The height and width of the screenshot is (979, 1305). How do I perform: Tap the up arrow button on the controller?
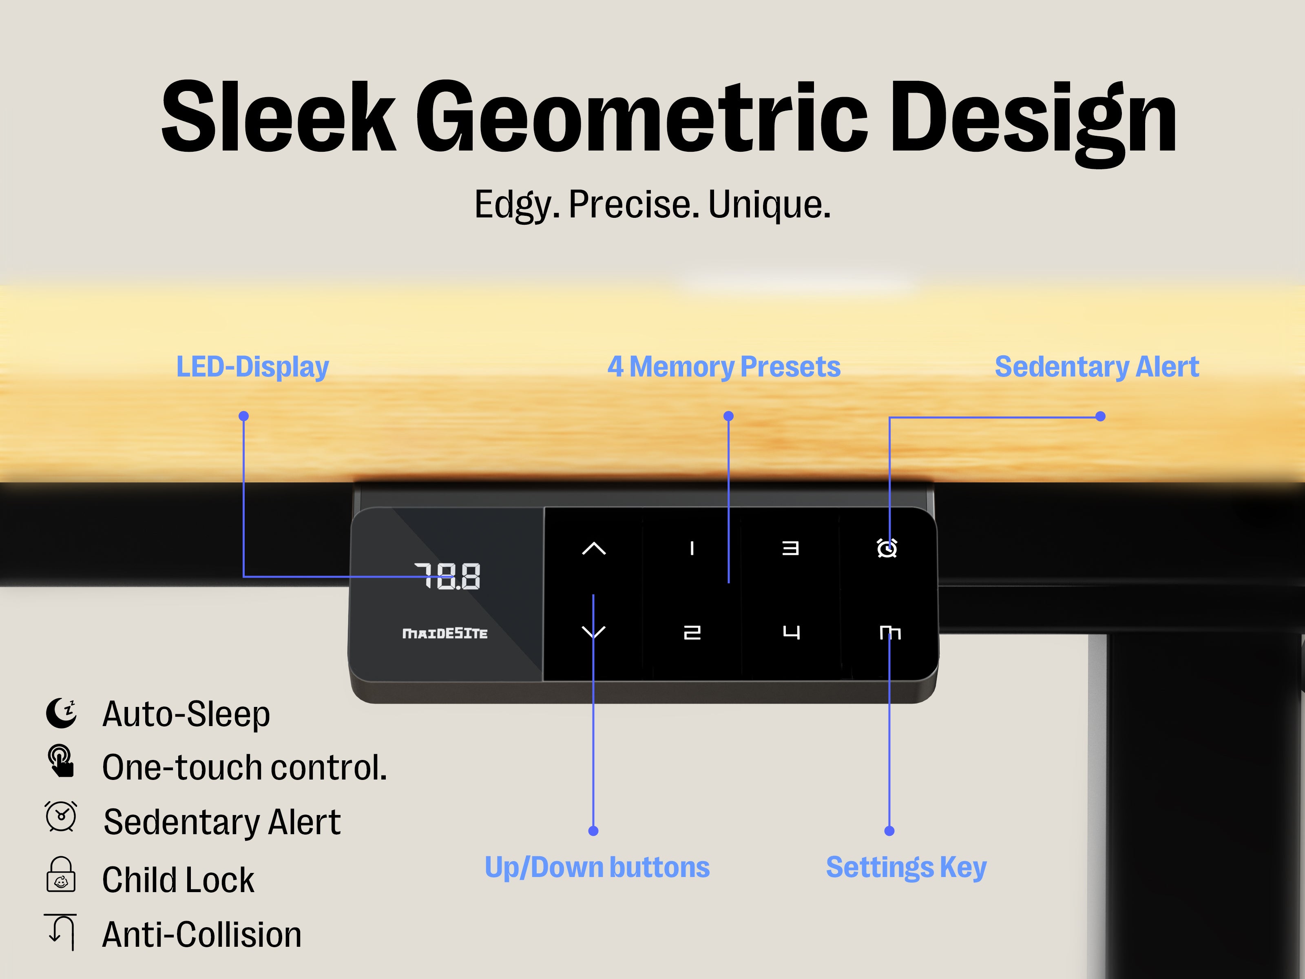pos(593,549)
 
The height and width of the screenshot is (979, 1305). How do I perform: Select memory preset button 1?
pos(692,549)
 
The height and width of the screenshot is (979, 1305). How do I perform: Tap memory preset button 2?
pos(692,633)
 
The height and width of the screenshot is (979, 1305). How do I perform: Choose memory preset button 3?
pos(791,549)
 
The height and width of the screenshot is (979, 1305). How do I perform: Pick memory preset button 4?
pos(791,633)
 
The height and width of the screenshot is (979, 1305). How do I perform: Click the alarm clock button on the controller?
pos(887,549)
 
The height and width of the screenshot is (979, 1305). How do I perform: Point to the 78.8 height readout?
pos(448,576)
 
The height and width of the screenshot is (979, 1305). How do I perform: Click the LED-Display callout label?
pos(252,367)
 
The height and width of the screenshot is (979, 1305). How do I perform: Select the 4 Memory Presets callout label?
pos(724,367)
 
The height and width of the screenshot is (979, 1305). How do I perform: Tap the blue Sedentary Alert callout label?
pos(1097,367)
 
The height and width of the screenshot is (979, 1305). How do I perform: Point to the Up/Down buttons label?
pos(597,868)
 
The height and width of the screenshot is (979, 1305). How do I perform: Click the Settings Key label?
pos(906,868)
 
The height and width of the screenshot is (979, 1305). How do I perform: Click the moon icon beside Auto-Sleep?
pos(61,713)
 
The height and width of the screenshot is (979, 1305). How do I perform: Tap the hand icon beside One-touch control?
pos(61,762)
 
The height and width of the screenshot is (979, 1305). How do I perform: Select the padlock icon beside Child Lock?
pos(61,875)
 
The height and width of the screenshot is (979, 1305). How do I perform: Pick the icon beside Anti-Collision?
pos(61,931)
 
